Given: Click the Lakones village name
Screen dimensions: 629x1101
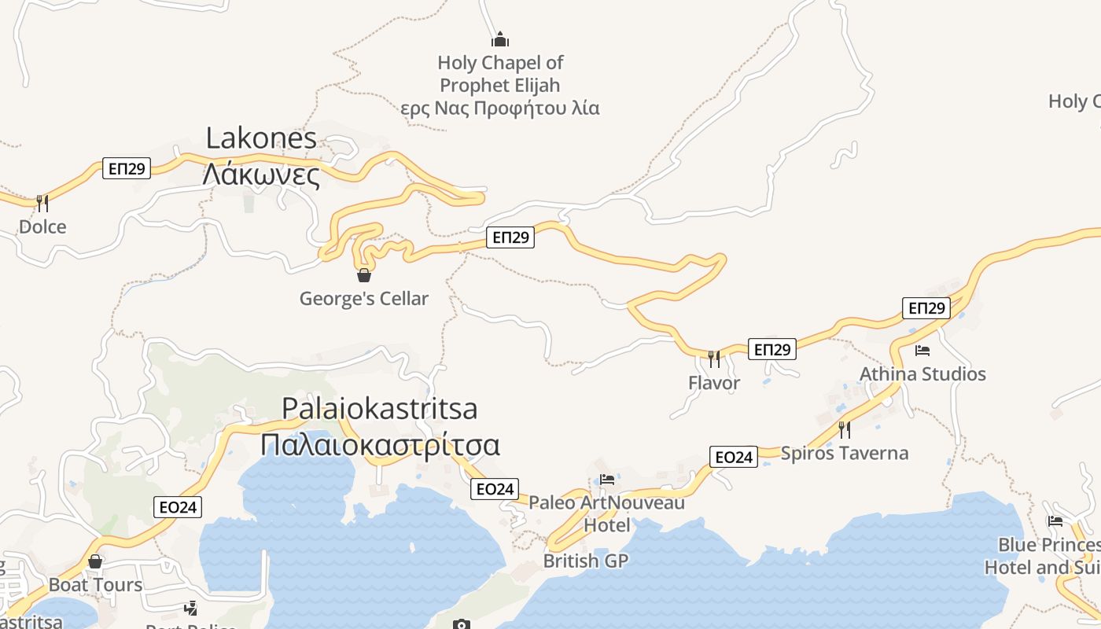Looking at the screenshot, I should pos(261,138).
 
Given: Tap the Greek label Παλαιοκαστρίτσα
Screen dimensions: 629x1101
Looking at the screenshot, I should pos(380,444).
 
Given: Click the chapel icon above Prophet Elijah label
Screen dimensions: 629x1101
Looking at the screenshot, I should pos(500,39).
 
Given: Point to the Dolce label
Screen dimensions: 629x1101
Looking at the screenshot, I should pos(42,227).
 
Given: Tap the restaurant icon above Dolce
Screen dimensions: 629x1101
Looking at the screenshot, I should pos(42,204).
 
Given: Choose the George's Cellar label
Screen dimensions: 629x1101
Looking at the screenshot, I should pos(364,299).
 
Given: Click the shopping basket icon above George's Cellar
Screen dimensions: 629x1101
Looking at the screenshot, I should pos(364,275).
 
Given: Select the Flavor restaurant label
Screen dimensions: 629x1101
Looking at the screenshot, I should pos(714,383).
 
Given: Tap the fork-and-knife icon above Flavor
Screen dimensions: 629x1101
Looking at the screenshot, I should pos(714,359).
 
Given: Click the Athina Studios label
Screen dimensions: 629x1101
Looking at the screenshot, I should pos(922,373).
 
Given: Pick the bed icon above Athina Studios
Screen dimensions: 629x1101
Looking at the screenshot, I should pos(922,351).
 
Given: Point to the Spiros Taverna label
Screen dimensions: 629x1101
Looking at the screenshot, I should pos(845,453).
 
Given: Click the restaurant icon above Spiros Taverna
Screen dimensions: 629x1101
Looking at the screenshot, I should pos(845,429).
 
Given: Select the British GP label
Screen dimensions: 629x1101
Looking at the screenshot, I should pos(586,561).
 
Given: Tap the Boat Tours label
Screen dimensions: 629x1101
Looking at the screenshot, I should pos(96,585).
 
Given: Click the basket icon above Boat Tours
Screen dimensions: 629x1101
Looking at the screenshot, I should pos(95,561).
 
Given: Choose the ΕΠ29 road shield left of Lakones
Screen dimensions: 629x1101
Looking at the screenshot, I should pos(127,168).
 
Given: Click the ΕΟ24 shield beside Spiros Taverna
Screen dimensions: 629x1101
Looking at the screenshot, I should pos(734,457).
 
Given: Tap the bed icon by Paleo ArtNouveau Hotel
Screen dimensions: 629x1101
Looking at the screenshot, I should pos(607,480).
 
